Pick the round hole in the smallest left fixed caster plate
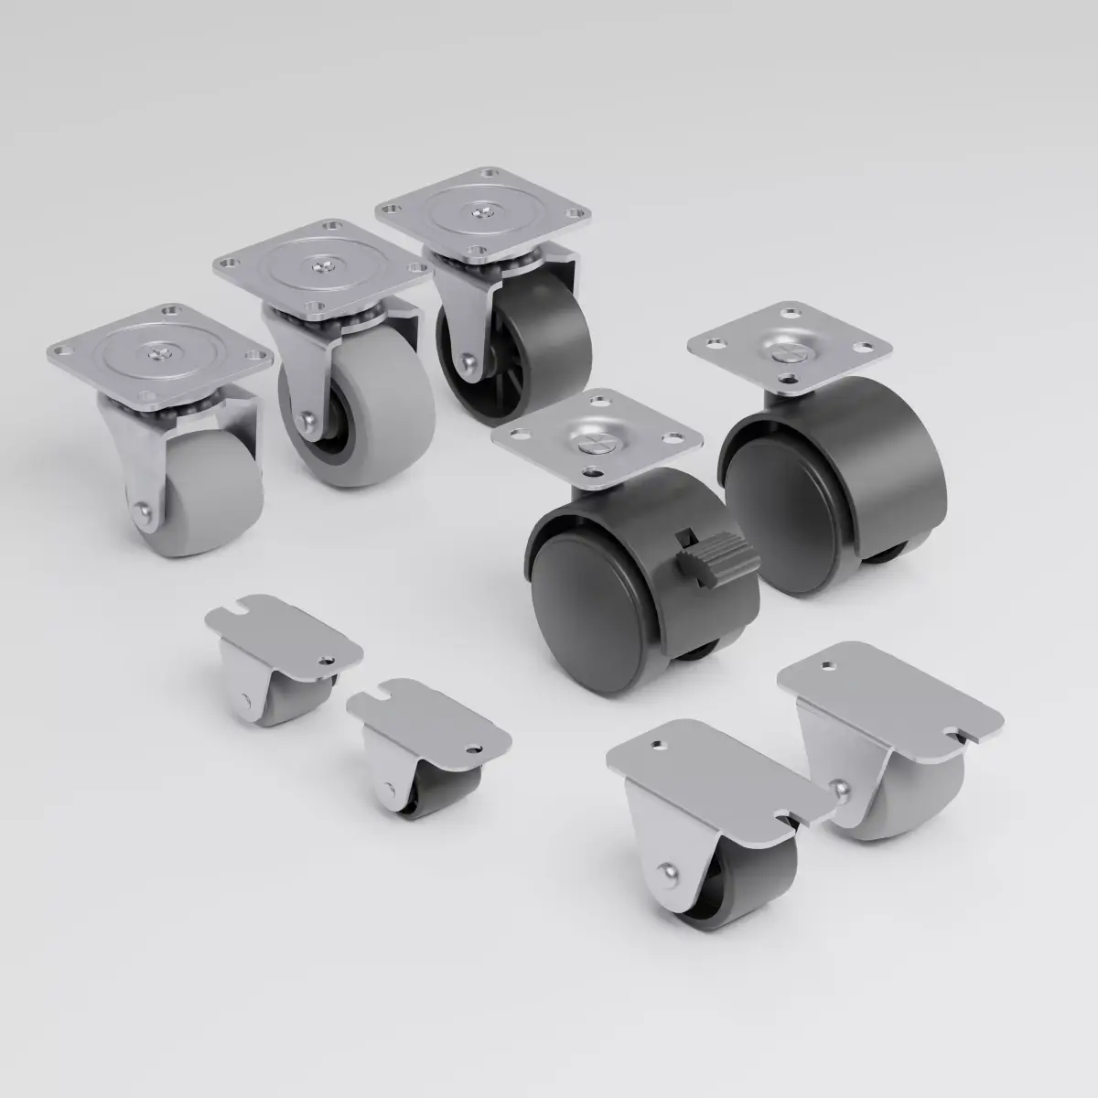click(327, 657)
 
